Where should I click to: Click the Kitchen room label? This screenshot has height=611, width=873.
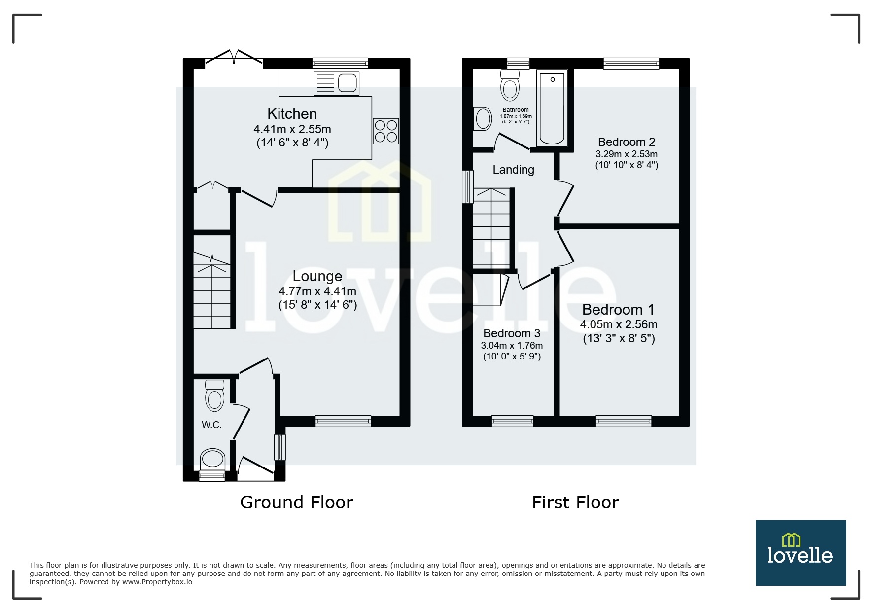click(x=292, y=114)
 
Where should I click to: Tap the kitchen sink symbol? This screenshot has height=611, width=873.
click(x=336, y=83)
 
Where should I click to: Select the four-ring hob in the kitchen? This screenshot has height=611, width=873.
click(x=385, y=131)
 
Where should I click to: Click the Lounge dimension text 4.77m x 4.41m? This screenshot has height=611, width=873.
click(x=317, y=291)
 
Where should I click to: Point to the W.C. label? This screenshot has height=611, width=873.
click(x=211, y=425)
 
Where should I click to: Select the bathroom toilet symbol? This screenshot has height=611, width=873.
click(x=510, y=85)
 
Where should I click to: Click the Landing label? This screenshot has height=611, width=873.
click(x=513, y=170)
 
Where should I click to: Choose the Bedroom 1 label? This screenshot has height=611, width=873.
click(x=618, y=310)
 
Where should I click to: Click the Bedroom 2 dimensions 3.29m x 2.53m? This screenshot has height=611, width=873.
click(x=626, y=154)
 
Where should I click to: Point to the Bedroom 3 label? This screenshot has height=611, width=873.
click(x=512, y=333)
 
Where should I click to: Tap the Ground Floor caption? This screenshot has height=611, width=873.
click(x=296, y=503)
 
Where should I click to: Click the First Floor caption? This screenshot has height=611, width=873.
click(x=575, y=503)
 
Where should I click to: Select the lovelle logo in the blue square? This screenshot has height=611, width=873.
click(x=800, y=552)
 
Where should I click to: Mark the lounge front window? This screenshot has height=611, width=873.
click(x=343, y=421)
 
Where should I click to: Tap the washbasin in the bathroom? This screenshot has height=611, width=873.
click(x=483, y=119)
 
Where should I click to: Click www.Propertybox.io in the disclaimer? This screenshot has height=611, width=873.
click(x=157, y=582)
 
